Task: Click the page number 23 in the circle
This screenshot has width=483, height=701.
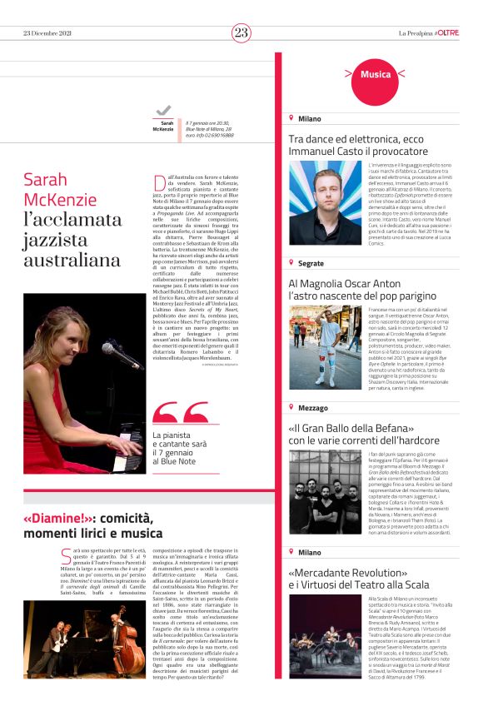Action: [x=241, y=32]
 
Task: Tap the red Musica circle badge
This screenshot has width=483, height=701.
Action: [x=376, y=75]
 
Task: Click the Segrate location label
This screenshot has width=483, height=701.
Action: [x=311, y=263]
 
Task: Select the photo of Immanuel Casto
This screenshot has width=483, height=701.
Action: [x=325, y=202]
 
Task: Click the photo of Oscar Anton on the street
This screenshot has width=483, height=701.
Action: [x=325, y=347]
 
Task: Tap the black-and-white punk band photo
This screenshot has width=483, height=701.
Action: [x=325, y=490]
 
